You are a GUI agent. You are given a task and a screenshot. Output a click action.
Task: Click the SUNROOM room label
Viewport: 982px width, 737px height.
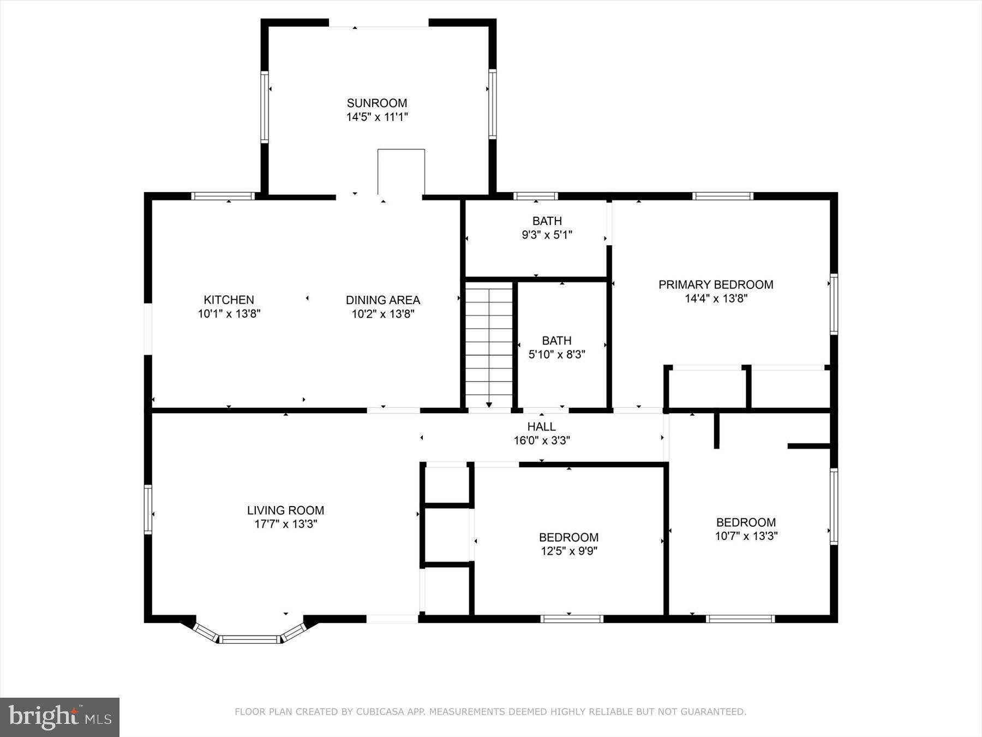tap(377, 103)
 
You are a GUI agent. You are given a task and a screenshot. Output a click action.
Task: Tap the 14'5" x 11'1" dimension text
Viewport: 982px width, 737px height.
tap(377, 117)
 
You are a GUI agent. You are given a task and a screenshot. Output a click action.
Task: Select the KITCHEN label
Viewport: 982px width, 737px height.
tap(229, 300)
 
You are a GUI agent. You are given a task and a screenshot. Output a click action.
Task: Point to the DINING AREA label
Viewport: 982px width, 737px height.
tap(382, 300)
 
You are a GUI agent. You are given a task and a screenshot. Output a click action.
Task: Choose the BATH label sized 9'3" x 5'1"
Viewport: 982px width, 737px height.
tap(547, 221)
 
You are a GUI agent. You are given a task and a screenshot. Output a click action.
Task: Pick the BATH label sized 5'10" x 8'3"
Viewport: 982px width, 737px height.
tap(556, 341)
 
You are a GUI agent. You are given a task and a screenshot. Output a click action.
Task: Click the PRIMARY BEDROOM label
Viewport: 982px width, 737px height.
tap(716, 284)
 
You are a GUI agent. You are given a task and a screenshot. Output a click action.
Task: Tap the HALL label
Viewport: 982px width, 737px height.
tap(541, 426)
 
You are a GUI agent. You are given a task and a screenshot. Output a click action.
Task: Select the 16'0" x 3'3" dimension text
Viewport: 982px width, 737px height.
tap(541, 441)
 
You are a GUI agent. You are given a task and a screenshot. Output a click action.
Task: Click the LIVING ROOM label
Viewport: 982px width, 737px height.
tap(285, 510)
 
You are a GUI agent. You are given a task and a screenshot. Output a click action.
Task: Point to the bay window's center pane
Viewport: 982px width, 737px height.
tap(250, 639)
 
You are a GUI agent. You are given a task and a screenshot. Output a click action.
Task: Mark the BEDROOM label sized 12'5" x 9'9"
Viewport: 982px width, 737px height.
tap(568, 537)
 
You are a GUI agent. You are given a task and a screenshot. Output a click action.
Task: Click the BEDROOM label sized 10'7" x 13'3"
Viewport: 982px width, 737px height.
tap(746, 522)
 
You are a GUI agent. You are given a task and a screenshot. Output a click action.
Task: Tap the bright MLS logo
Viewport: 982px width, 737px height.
tap(59, 717)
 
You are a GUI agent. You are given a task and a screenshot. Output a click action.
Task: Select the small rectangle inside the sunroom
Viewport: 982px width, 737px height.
tap(401, 171)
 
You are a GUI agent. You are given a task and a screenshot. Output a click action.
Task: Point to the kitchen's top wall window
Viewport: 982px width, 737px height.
tap(223, 196)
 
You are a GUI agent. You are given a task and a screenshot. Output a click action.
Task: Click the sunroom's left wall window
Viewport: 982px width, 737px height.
tap(265, 107)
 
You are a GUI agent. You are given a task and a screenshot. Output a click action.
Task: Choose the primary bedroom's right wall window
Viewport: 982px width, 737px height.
tap(833, 304)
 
